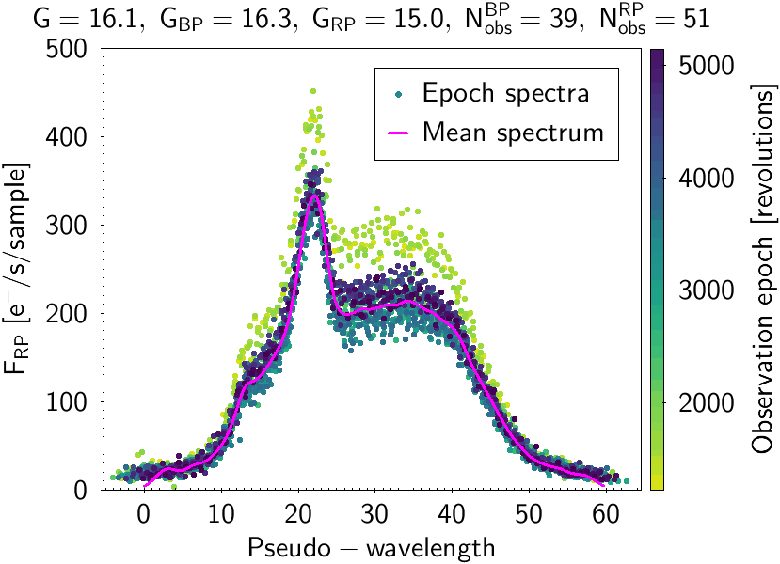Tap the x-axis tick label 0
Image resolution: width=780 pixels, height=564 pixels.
point(144,515)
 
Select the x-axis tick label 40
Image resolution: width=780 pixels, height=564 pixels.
point(452,515)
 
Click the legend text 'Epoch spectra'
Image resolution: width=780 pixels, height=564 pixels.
point(506,93)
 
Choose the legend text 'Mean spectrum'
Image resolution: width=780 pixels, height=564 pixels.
point(513,132)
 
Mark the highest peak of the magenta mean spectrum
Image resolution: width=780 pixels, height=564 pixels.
point(314,195)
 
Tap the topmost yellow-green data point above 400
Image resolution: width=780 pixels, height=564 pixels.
point(313,91)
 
